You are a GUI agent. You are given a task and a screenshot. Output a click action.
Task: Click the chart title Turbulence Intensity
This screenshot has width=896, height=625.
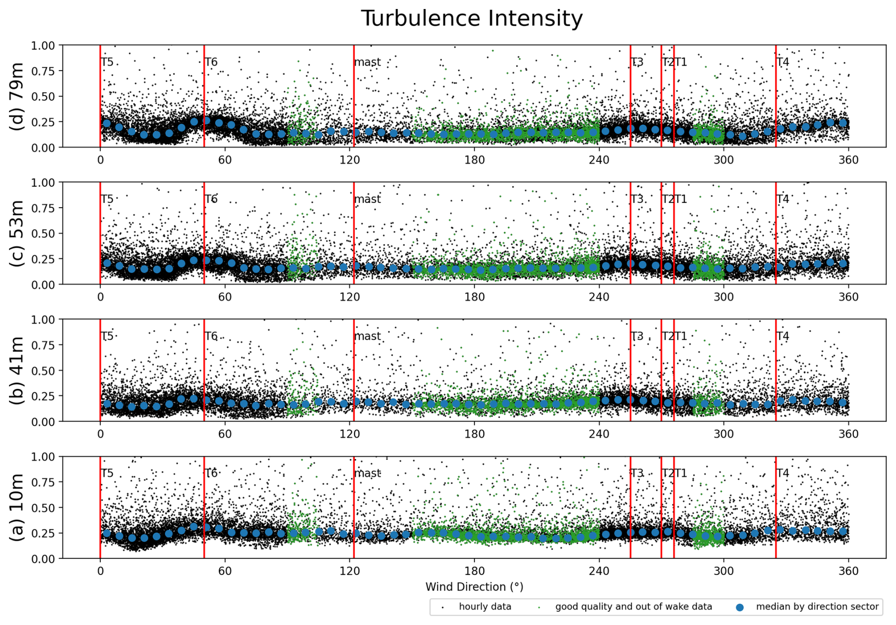(472, 18)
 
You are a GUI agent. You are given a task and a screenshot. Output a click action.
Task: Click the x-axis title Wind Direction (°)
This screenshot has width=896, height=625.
(474, 587)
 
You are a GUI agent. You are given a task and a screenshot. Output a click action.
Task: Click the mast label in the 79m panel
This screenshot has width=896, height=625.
(367, 62)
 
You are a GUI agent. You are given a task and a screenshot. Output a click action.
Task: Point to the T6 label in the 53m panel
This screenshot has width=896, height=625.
(211, 199)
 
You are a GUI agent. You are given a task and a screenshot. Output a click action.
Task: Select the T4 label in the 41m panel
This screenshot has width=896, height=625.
(783, 336)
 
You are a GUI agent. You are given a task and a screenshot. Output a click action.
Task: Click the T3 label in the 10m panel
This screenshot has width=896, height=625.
(637, 473)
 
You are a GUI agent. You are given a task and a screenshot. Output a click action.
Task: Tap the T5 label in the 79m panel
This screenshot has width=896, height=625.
(108, 62)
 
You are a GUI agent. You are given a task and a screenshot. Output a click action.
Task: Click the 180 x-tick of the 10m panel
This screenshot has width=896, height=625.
(474, 571)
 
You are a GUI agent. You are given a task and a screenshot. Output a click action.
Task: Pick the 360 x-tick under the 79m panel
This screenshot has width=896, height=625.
(848, 160)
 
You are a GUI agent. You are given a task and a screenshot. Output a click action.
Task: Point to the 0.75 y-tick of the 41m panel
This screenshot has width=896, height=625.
(44, 345)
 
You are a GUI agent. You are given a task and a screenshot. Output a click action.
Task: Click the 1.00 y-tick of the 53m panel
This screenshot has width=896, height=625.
(44, 183)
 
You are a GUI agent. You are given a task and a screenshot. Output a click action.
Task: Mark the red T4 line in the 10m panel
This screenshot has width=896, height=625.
(776, 507)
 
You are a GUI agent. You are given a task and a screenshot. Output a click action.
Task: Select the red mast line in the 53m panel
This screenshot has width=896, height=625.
(354, 233)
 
